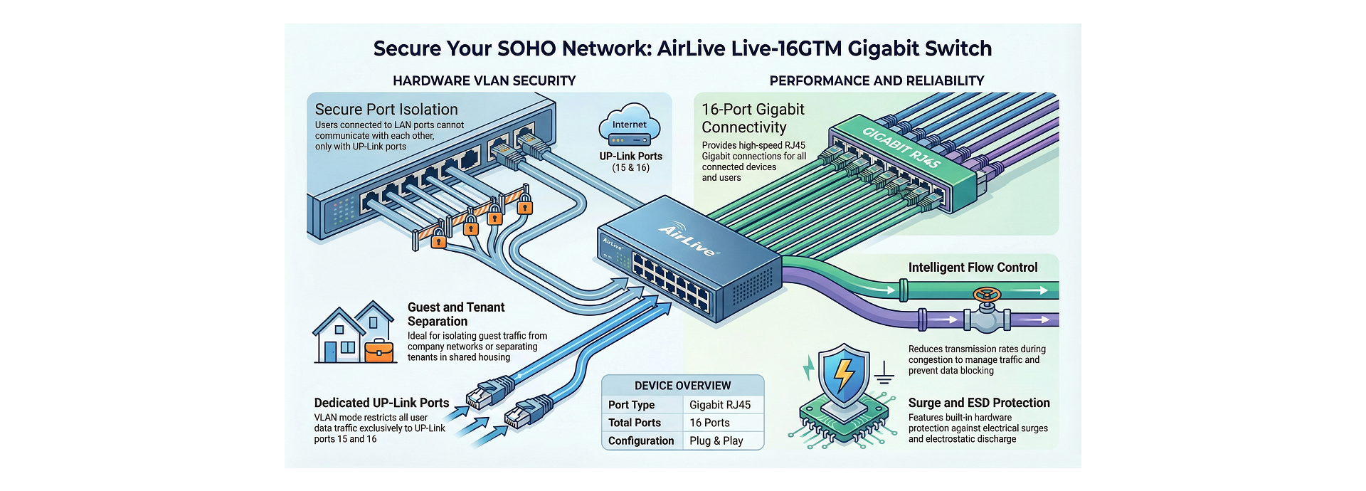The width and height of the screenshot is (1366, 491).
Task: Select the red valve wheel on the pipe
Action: (987, 295)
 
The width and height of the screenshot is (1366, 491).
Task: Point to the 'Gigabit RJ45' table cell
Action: (720, 405)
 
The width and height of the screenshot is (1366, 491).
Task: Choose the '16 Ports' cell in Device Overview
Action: (709, 423)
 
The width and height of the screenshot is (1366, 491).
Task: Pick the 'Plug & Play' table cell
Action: (716, 440)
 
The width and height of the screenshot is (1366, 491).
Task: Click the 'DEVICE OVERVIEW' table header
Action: (682, 386)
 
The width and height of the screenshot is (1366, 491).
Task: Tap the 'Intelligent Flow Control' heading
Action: (973, 268)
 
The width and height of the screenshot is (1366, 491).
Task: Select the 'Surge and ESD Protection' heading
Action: (979, 403)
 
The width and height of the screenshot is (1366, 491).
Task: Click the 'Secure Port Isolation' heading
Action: (386, 110)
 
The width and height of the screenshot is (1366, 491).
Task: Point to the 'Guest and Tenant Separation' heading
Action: (456, 314)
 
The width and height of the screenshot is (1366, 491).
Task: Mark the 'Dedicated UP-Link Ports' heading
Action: (381, 403)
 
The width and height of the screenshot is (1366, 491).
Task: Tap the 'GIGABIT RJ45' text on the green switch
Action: (901, 147)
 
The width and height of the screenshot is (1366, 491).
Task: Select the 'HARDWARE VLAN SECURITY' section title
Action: (484, 81)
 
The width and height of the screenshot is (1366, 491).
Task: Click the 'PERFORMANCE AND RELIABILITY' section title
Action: (877, 81)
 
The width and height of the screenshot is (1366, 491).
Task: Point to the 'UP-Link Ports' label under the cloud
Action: (630, 157)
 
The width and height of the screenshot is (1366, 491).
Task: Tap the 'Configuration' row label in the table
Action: (640, 440)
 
